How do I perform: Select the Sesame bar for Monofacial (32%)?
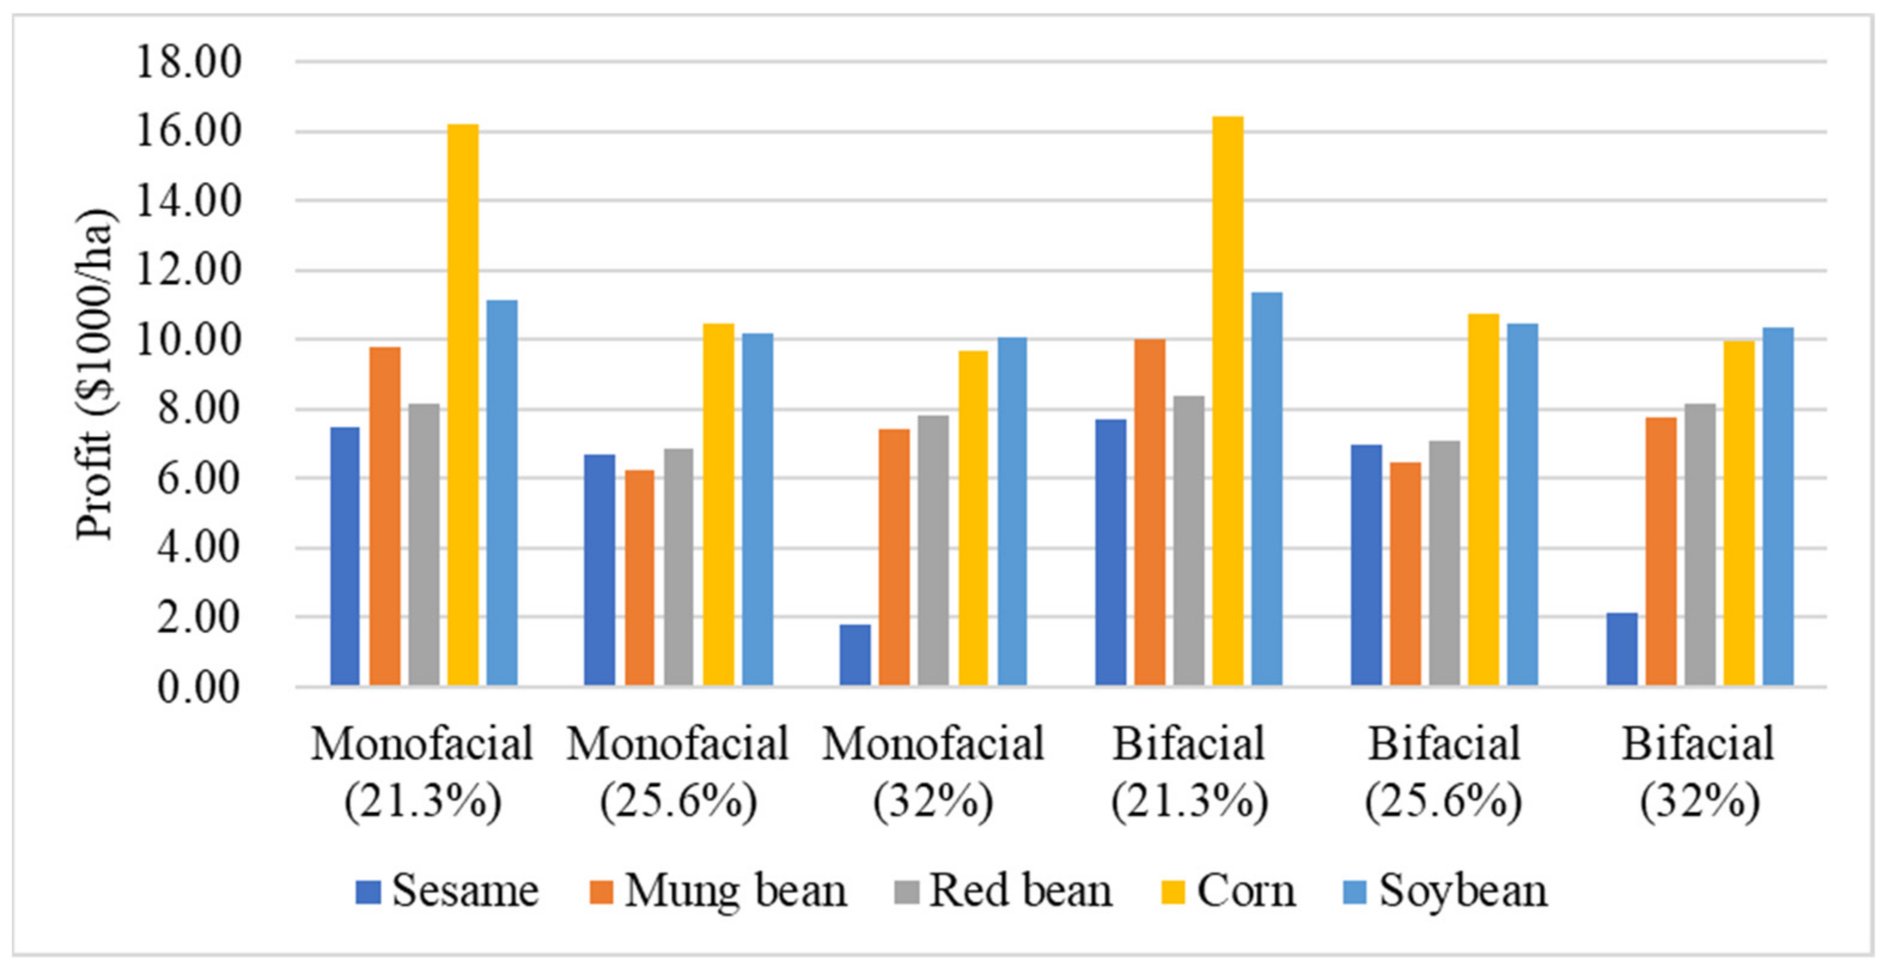[x=855, y=655]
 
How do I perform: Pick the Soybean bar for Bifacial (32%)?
[x=1778, y=506]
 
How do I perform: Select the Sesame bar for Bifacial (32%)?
[x=1621, y=649]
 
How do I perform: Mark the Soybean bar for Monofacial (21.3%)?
[x=502, y=493]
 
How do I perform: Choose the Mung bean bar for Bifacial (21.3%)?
[x=1149, y=512]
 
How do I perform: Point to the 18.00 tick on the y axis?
[x=188, y=62]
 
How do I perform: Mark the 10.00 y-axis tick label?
[x=188, y=340]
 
